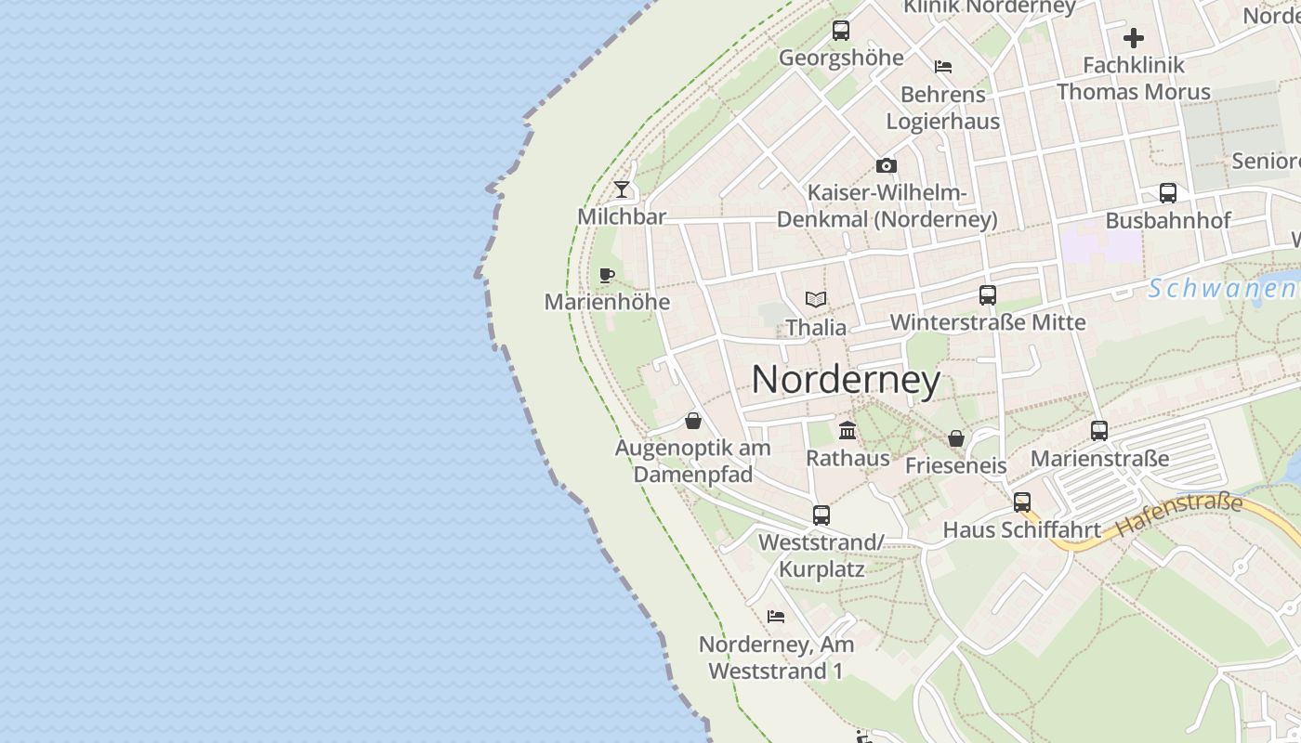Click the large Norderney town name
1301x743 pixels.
click(846, 380)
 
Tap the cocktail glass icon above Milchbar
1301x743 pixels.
click(622, 189)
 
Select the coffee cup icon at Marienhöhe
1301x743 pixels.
click(607, 275)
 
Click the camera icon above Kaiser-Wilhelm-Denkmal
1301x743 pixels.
click(887, 166)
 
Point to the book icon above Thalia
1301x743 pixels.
click(816, 300)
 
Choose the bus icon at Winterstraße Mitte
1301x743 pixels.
click(988, 295)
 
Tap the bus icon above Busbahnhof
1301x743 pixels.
click(1168, 193)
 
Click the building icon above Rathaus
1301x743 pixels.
click(848, 430)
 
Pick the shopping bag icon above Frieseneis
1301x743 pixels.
click(956, 438)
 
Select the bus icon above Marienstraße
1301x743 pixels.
click(1099, 431)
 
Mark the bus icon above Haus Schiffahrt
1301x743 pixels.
click(1022, 502)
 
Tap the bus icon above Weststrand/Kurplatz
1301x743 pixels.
click(821, 515)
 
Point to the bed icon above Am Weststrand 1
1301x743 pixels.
click(776, 616)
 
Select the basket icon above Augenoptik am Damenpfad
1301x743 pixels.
click(693, 421)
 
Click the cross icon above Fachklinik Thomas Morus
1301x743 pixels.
click(1134, 38)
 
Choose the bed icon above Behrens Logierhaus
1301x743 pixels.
click(943, 67)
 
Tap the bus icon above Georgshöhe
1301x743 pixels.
click(841, 30)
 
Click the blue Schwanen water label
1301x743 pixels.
click(1223, 289)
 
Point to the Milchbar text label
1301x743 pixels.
click(622, 216)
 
